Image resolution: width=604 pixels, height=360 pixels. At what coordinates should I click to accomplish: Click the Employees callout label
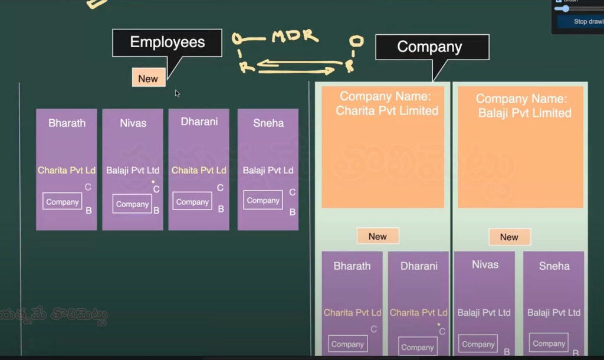point(168,42)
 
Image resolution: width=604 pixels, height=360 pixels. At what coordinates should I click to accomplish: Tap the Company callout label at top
point(429,47)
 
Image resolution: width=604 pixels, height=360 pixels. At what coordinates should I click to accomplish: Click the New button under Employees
point(148,78)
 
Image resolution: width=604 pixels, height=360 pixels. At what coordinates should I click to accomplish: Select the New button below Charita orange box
point(377,236)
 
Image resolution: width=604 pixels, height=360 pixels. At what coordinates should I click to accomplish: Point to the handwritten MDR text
point(295,37)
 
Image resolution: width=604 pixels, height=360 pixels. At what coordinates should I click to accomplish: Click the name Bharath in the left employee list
point(67,123)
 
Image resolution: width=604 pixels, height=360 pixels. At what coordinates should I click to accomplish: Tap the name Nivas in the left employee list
point(133,123)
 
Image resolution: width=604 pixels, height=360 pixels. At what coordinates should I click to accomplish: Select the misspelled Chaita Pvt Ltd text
point(199,170)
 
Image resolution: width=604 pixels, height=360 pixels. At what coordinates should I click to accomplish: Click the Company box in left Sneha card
point(263,200)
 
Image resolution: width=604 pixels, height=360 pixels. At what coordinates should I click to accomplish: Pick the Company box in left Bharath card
point(62,201)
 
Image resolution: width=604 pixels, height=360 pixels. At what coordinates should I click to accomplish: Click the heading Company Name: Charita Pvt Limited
point(387,103)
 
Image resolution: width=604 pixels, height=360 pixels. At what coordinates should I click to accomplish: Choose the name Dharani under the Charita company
point(419,266)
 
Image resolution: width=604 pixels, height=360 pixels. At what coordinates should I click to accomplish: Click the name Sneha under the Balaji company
point(554,266)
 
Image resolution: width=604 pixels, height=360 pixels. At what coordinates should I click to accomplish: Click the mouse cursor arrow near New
point(177,93)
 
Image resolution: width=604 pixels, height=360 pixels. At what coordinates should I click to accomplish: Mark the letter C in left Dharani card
point(220,188)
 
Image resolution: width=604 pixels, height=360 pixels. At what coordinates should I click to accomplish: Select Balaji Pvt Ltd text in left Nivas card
point(133,171)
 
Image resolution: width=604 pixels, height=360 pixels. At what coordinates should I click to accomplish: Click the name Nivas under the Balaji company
point(485,264)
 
